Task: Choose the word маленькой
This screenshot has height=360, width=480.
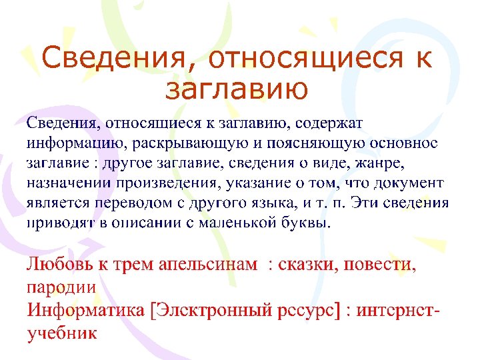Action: point(243,223)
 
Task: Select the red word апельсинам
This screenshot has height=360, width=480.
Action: point(209,265)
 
